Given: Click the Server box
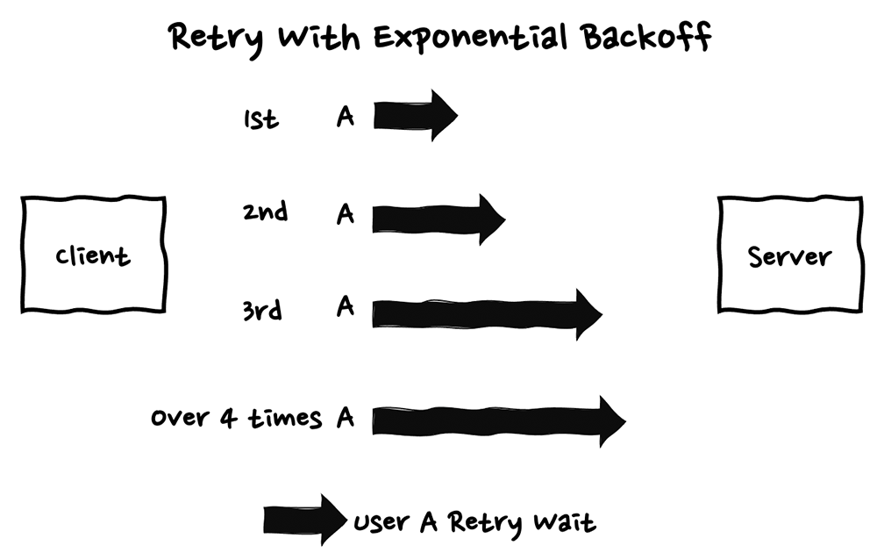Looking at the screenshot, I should pyautogui.click(x=789, y=255).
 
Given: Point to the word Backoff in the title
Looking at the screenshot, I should pyautogui.click(x=645, y=38).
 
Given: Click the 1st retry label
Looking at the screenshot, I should pyautogui.click(x=260, y=118).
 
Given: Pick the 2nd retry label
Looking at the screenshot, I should pyautogui.click(x=265, y=212).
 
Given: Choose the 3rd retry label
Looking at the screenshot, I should pyautogui.click(x=261, y=309).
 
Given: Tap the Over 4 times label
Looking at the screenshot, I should pyautogui.click(x=236, y=417).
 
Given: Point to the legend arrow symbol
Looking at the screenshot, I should pyautogui.click(x=304, y=521).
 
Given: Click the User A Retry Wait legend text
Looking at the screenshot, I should pyautogui.click(x=474, y=523).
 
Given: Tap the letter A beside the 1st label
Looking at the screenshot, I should pyautogui.click(x=346, y=116).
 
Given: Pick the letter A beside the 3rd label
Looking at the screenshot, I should pyautogui.click(x=346, y=306).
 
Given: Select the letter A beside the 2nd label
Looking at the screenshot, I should pyautogui.click(x=346, y=213).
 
